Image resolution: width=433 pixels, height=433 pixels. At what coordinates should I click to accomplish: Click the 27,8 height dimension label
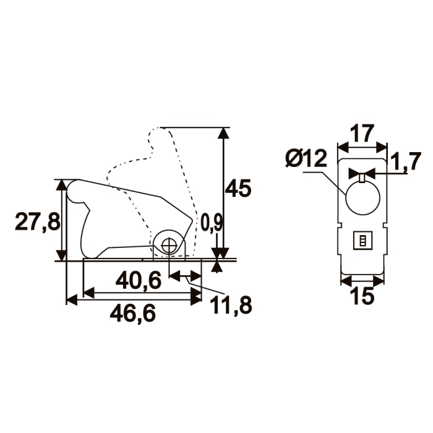[38, 222]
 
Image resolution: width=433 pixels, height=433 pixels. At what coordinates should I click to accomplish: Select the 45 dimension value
[238, 189]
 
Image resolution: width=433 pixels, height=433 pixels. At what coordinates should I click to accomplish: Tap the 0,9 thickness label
[212, 223]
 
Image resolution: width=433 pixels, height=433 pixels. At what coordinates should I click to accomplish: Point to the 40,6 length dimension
[139, 281]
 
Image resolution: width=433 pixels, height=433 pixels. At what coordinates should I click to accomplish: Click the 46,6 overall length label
[133, 314]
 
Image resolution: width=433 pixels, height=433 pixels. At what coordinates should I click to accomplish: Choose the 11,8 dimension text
[231, 306]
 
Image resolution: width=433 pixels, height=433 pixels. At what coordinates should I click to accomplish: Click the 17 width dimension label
[362, 134]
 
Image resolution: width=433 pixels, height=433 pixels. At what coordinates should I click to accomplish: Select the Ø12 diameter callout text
[306, 159]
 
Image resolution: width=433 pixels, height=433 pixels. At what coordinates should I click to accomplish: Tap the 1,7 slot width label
[405, 161]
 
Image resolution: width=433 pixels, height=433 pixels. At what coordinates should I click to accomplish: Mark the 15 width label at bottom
[362, 296]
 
